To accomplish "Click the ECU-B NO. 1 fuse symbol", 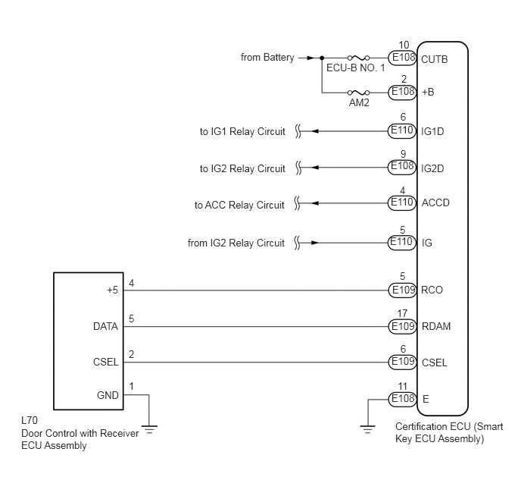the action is tap(358, 58).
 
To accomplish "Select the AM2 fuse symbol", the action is tap(358, 93).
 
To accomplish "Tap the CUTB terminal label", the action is tap(434, 59).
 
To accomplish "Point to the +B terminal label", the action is tap(428, 92).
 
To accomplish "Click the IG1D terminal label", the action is tap(432, 131).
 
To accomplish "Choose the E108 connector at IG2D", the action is tap(402, 168).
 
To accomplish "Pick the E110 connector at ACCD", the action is tap(402, 203).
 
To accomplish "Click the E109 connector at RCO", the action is tap(402, 290).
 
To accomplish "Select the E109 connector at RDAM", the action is tap(402, 326).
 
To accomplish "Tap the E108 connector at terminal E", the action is tap(402, 399).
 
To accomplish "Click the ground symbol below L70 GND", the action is tap(149, 429).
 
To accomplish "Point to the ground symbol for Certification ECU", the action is tap(367, 429).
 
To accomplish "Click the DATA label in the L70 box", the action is tap(106, 326).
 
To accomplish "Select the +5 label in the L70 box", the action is tap(112, 290).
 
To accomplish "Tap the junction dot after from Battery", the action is tap(322, 58).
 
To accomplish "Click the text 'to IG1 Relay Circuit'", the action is tap(242, 132).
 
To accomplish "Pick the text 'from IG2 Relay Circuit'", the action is tap(236, 243).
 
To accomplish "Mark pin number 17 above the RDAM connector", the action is tap(402, 313).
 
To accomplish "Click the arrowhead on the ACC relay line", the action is tap(315, 203).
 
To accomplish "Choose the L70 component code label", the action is tap(30, 420).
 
